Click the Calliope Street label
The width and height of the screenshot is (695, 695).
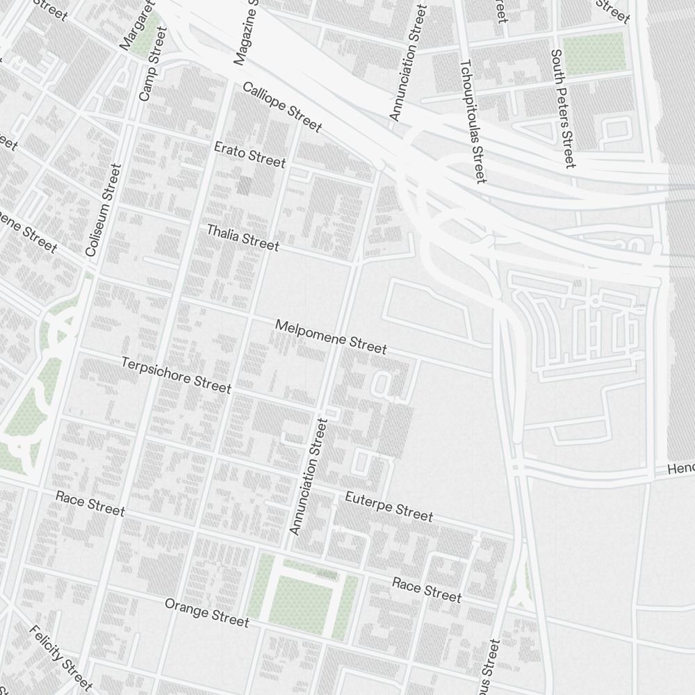282,107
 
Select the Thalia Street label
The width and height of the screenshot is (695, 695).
243,237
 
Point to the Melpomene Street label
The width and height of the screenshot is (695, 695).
331,336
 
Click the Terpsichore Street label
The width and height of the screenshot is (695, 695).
176,375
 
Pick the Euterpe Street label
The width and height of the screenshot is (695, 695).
389,505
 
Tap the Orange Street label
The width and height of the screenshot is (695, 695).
206,612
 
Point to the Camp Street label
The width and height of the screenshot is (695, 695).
154,64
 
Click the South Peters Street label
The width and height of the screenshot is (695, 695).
562,108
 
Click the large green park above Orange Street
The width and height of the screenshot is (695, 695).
302,598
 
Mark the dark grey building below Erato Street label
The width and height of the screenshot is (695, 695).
244,185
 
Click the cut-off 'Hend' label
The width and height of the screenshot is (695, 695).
680,469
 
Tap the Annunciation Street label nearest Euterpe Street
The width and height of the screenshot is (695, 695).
308,476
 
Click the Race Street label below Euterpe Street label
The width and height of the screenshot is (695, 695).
426,589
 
